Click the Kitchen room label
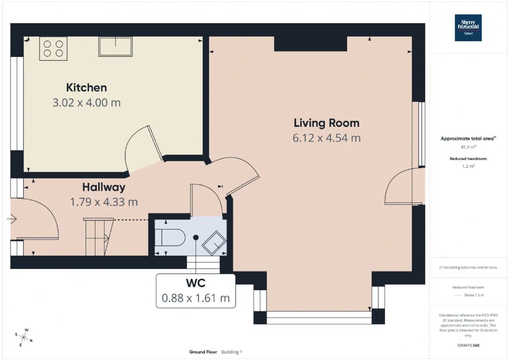click(87, 88)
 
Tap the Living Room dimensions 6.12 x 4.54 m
click(326, 138)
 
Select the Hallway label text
click(104, 187)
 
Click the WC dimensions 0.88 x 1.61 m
click(196, 298)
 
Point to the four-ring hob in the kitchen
click(53, 49)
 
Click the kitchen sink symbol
click(115, 47)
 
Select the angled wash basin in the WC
click(214, 243)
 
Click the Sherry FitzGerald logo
click(468, 28)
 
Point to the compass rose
click(23, 337)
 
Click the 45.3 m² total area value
click(468, 147)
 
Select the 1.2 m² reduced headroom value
click(468, 166)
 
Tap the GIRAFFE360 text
click(468, 345)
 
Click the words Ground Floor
click(203, 352)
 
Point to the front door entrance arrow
click(12, 219)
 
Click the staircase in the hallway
click(98, 237)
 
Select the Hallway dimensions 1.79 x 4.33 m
click(104, 202)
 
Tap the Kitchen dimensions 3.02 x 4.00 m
click(87, 103)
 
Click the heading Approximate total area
click(468, 139)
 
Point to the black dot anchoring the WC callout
click(196, 237)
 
